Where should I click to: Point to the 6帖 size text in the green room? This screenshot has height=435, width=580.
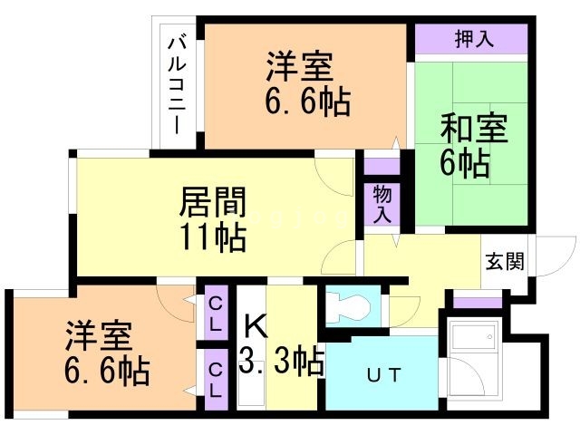tap(467, 163)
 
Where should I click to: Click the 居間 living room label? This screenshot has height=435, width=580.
tap(214, 201)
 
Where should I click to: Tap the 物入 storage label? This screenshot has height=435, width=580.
tap(382, 205)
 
